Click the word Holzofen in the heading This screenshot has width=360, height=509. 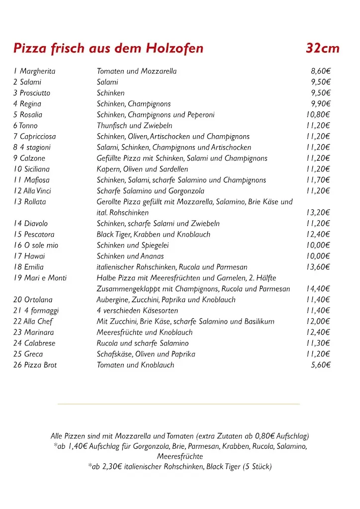[175, 48]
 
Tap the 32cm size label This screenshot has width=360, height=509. [323, 48]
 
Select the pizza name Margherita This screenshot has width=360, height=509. [38, 71]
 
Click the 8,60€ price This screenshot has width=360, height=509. [321, 71]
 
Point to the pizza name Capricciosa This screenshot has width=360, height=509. [38, 136]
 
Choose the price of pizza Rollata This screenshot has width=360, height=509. [318, 213]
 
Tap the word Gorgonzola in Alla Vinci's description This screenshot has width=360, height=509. [184, 191]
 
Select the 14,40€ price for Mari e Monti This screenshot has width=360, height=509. [318, 289]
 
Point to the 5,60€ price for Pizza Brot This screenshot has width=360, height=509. [321, 365]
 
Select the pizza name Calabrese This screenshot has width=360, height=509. [40, 343]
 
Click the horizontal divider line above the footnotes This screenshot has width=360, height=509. [179, 404]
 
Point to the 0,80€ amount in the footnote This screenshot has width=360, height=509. [266, 436]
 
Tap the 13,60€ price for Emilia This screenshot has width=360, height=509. [318, 267]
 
